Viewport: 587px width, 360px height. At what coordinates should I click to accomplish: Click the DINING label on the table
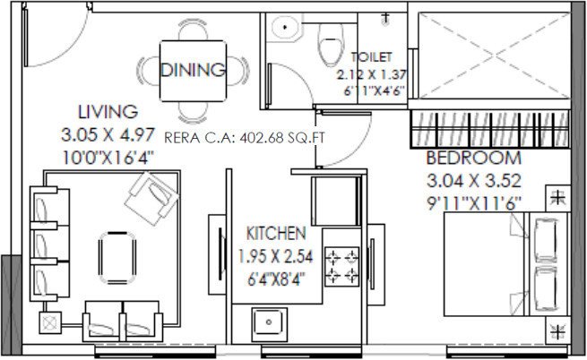pos(193,70)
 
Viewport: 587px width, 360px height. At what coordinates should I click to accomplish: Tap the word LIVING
pos(107,113)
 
